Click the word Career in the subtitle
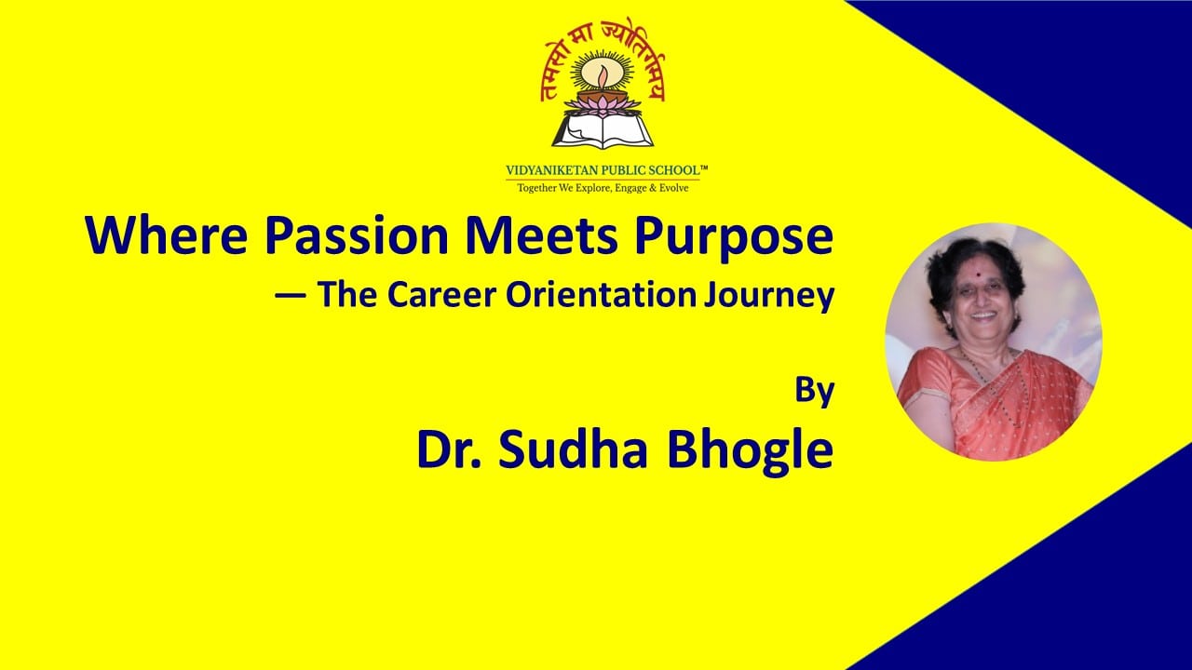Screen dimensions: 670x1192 coord(439,295)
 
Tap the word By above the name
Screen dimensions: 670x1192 coord(814,391)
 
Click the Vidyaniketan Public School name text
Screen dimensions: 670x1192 coord(606,170)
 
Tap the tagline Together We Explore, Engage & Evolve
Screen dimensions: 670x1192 coord(606,187)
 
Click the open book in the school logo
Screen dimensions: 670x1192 coord(604,130)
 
